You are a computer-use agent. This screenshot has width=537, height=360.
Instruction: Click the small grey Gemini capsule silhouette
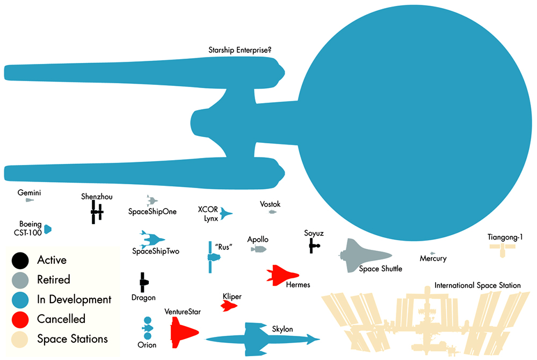click(30, 200)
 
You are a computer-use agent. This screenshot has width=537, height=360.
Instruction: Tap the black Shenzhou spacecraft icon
click(97, 213)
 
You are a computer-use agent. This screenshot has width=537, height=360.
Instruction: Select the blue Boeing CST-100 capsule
click(48, 229)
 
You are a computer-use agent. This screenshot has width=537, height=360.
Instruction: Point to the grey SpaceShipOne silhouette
click(153, 201)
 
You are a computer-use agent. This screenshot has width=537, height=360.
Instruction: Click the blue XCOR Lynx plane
click(226, 213)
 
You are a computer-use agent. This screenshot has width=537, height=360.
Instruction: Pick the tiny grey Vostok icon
click(272, 212)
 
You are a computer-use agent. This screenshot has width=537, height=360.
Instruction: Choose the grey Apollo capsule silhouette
click(259, 249)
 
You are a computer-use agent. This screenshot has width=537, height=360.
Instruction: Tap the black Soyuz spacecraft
click(314, 247)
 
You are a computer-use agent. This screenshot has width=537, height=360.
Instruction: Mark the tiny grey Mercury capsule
click(433, 253)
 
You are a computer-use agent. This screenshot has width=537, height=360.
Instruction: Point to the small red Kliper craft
click(229, 306)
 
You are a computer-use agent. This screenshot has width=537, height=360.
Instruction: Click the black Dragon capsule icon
click(143, 281)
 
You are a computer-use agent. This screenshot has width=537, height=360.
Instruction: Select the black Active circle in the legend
click(20, 260)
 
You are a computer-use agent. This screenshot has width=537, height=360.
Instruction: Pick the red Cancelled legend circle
click(20, 319)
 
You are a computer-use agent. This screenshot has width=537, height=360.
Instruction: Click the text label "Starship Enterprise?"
click(240, 51)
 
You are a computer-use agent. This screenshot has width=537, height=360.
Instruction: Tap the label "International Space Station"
click(477, 285)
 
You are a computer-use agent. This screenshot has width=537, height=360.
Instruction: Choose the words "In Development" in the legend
click(74, 299)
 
